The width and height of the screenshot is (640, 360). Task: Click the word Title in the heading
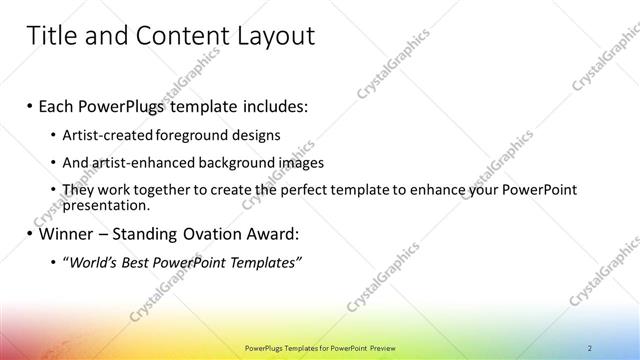point(50,37)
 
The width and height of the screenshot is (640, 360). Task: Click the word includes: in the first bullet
point(264,105)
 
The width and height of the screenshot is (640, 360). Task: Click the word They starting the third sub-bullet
point(77,190)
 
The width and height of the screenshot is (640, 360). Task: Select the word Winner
point(62,235)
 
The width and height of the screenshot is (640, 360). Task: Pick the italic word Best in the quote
point(134,263)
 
